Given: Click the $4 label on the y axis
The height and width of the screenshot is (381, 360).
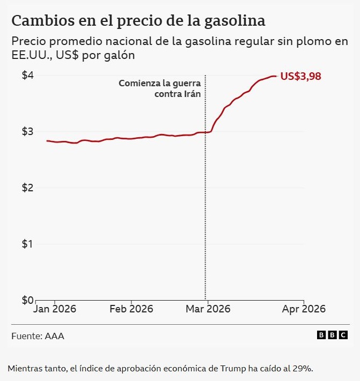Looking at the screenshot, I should pyautogui.click(x=28, y=76).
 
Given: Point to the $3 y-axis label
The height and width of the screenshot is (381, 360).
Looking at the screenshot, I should pyautogui.click(x=28, y=132).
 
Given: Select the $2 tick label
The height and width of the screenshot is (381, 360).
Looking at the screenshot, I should pyautogui.click(x=28, y=188).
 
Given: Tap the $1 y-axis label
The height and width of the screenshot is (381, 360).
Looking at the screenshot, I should pyautogui.click(x=28, y=244).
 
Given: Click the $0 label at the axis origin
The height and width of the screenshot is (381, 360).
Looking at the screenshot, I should pyautogui.click(x=28, y=300).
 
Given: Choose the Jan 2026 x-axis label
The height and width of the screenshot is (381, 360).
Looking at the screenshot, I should pyautogui.click(x=55, y=309).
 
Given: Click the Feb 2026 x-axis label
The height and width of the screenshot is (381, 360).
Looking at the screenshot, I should pyautogui.click(x=131, y=309).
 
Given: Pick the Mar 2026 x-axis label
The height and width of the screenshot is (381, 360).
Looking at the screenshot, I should pyautogui.click(x=208, y=309).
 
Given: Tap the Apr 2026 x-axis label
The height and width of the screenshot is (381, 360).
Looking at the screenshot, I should pyautogui.click(x=304, y=309).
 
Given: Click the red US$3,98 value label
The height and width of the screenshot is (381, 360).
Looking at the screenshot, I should pyautogui.click(x=300, y=76).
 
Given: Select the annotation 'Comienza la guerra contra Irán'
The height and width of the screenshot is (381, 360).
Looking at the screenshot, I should pyautogui.click(x=159, y=88).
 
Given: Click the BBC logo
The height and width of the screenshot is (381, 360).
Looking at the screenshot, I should pyautogui.click(x=332, y=335).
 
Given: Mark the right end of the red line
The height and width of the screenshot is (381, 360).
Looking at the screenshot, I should pyautogui.click(x=276, y=76).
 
